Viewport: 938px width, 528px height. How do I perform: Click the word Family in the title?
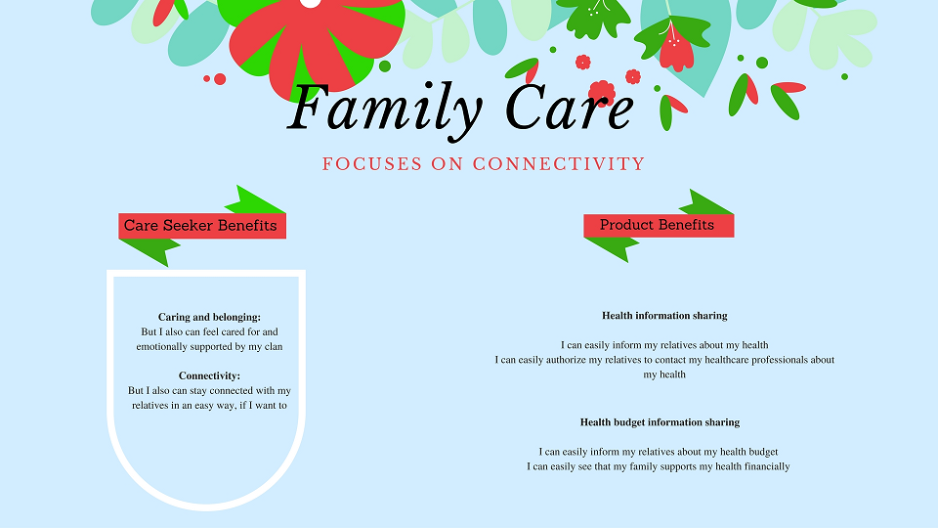pyautogui.click(x=384, y=109)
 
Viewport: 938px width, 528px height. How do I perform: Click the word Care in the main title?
pyautogui.click(x=570, y=108)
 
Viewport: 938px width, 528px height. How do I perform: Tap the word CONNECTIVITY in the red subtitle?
pyautogui.click(x=559, y=164)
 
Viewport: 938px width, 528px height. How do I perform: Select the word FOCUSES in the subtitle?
pyautogui.click(x=372, y=164)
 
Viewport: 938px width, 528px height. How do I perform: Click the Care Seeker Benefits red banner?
pyautogui.click(x=202, y=226)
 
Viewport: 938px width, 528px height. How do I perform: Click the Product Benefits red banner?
pyautogui.click(x=659, y=225)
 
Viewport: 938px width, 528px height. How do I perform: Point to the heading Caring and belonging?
pyautogui.click(x=209, y=317)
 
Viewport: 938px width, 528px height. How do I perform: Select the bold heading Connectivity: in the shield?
pyautogui.click(x=209, y=375)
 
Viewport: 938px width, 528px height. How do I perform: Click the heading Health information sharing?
pyautogui.click(x=664, y=316)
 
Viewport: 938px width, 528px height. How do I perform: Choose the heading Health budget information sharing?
pyautogui.click(x=660, y=422)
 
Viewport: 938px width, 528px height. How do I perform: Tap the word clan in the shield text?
pyautogui.click(x=274, y=346)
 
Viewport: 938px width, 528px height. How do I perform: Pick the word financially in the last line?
pyautogui.click(x=767, y=466)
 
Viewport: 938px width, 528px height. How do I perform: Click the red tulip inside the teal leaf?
pyautogui.click(x=676, y=48)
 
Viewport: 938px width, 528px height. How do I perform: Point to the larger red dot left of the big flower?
pyautogui.click(x=220, y=79)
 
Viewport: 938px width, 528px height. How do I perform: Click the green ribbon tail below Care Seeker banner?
pyautogui.click(x=149, y=251)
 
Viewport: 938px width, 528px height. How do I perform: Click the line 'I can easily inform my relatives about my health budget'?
pyautogui.click(x=658, y=452)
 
